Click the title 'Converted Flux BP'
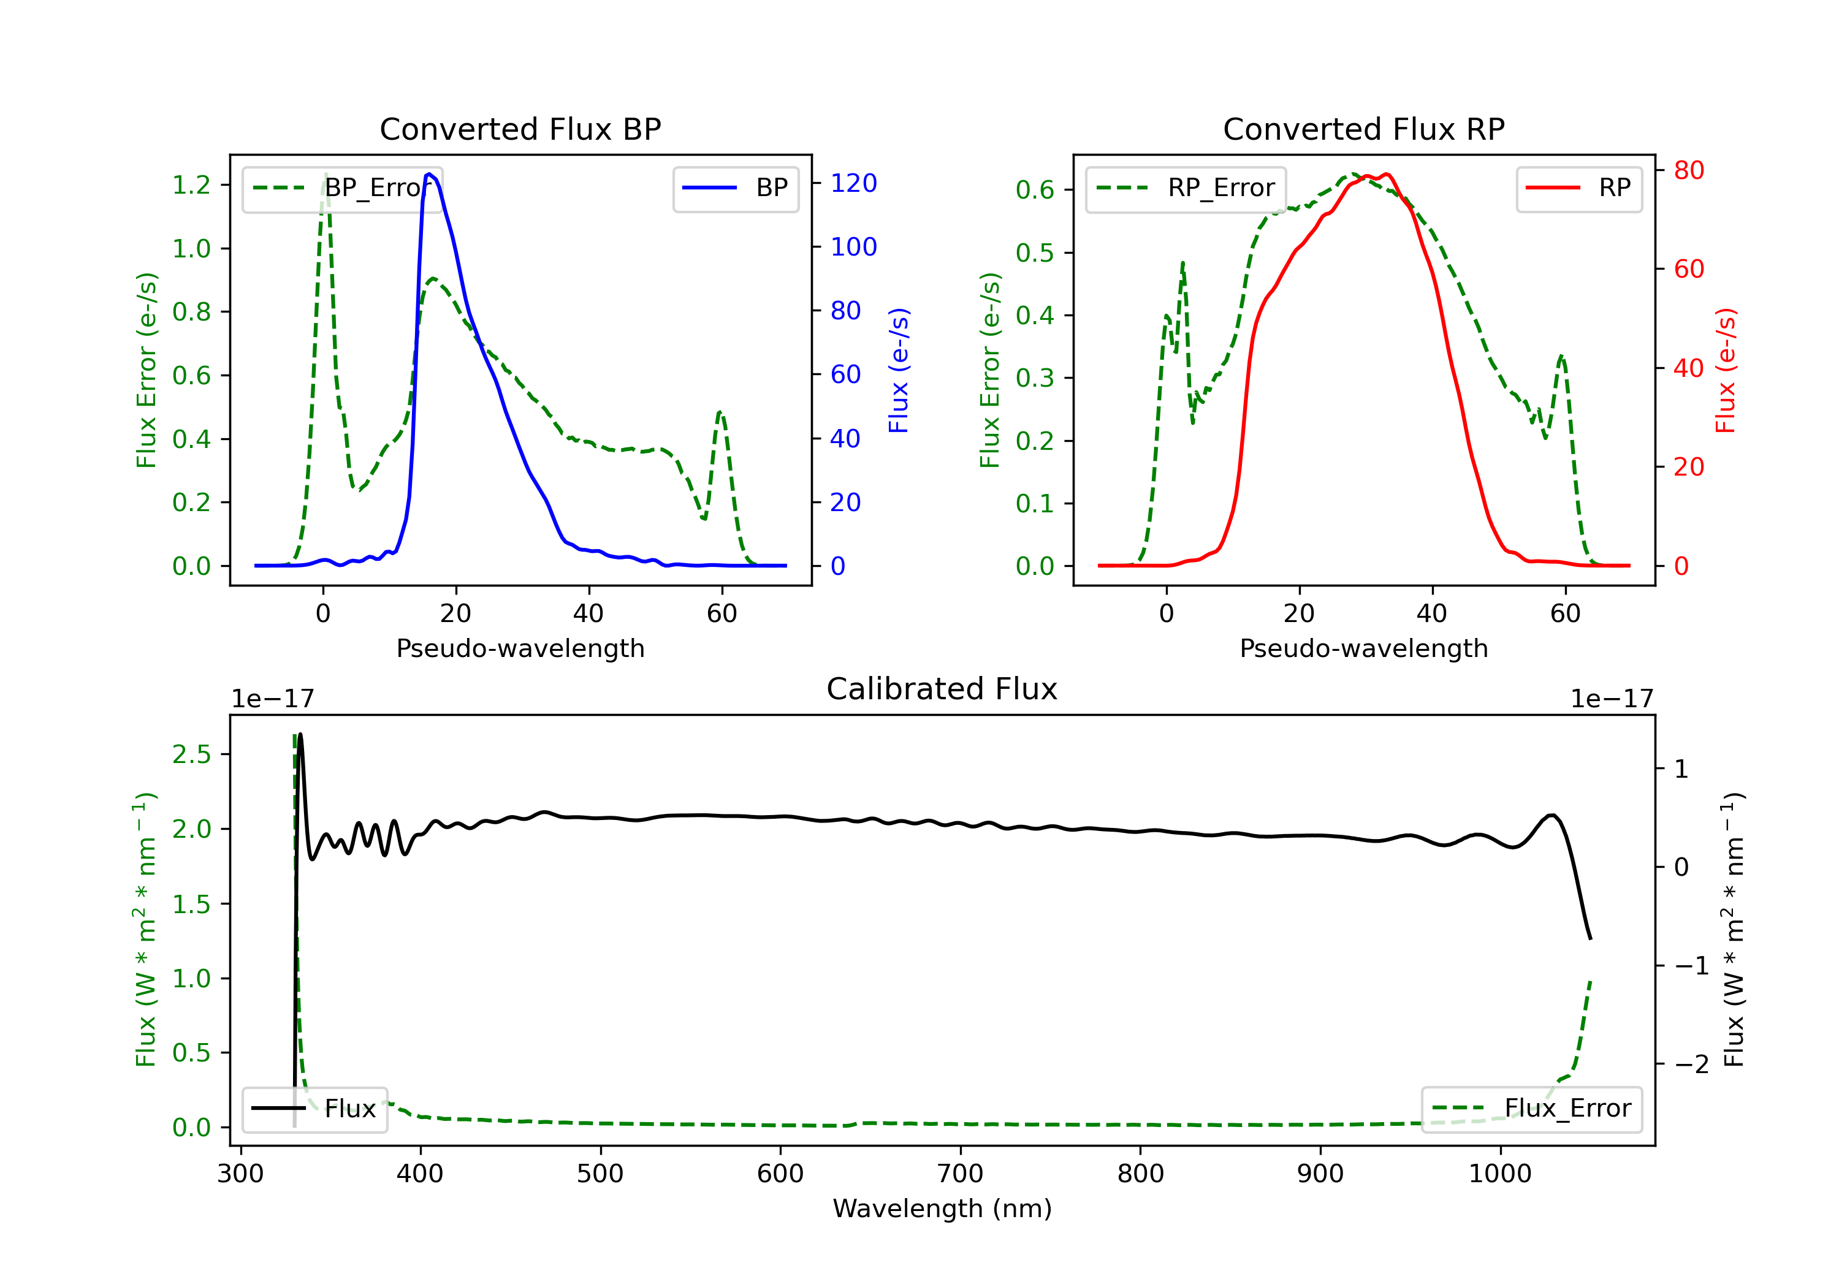(520, 129)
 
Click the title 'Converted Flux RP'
(1363, 129)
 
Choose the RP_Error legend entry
(1186, 188)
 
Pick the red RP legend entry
(1578, 188)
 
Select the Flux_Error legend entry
(1531, 1109)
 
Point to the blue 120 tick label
(853, 183)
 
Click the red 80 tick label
(1688, 170)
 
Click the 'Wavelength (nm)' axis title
(942, 1209)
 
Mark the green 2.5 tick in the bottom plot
(191, 754)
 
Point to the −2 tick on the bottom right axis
(1692, 1065)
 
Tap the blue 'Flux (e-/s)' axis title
(898, 370)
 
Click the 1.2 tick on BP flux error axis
(191, 185)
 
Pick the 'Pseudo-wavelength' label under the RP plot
(1363, 648)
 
